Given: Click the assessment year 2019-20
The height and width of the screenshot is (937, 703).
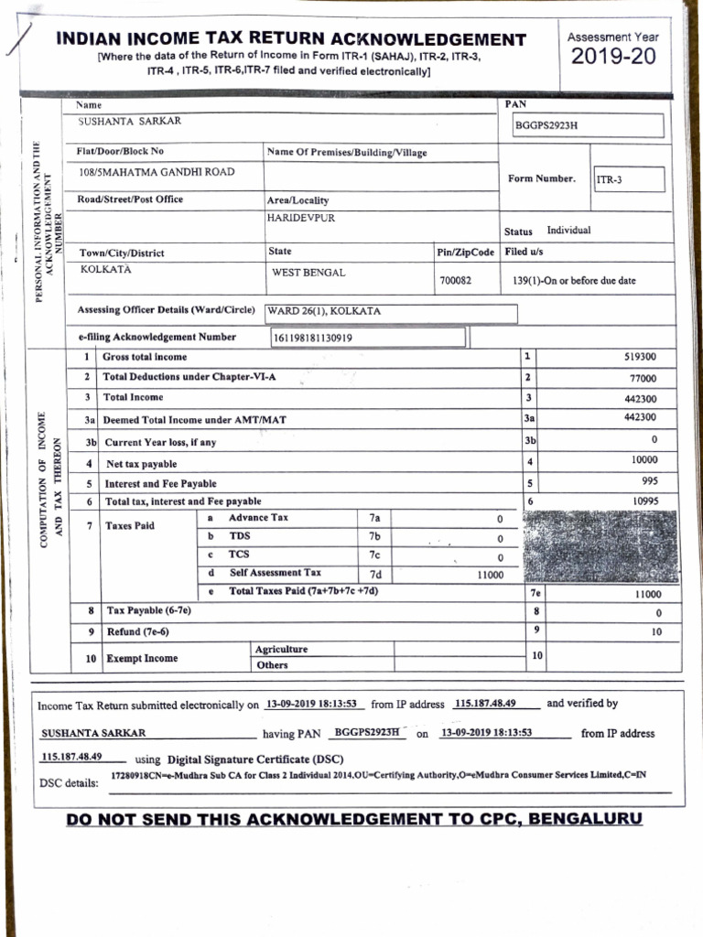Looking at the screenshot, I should click(612, 57).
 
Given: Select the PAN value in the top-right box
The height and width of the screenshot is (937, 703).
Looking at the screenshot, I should click(546, 125).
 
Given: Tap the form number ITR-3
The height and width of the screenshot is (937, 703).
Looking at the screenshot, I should click(610, 180).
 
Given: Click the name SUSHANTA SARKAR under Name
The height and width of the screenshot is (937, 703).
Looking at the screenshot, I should click(129, 121).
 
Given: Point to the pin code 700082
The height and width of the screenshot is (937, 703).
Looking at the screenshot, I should click(455, 281).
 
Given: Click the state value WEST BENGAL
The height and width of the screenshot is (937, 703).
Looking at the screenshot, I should click(308, 273).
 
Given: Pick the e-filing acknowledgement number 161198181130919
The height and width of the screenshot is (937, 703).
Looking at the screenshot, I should click(313, 338).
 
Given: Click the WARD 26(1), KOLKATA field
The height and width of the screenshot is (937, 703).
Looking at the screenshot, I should click(324, 311).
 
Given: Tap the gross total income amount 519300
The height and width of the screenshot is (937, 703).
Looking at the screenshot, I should click(639, 358).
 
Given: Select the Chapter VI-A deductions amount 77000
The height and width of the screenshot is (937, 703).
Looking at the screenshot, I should click(643, 378).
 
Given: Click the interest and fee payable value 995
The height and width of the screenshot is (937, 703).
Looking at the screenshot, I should click(649, 480).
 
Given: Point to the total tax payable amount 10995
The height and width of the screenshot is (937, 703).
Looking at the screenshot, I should click(644, 501).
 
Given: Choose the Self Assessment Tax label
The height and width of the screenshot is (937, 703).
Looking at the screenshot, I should click(275, 573).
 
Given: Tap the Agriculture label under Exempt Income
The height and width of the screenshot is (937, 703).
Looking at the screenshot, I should click(282, 649).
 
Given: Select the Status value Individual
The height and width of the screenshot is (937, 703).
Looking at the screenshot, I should click(568, 231).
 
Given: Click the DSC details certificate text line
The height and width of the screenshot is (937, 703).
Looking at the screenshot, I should click(377, 775).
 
